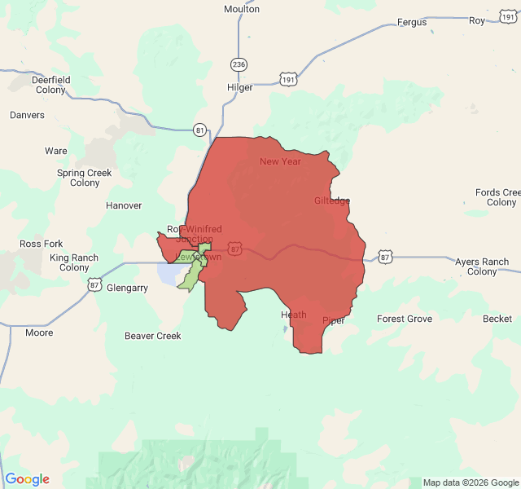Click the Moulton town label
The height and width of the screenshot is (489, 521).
point(242,9)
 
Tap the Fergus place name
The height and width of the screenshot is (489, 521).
point(411,22)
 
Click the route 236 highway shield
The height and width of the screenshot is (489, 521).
point(238,64)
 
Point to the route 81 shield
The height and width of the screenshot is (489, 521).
point(200,130)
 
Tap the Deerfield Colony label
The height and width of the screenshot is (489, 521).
point(50,85)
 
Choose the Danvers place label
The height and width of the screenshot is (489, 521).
point(27,115)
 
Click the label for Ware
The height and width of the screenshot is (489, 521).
point(56,151)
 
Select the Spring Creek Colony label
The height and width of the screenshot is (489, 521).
point(85,178)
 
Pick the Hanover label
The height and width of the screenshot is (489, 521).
point(124,205)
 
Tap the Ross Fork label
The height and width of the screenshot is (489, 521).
point(42,244)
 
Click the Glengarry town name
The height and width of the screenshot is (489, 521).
point(128,288)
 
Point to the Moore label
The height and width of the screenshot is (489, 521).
point(39,333)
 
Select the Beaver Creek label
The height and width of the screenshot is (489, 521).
point(153,336)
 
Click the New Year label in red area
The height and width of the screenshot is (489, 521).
point(280,161)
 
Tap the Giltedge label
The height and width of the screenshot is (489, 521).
point(332,200)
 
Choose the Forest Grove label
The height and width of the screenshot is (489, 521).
point(405,319)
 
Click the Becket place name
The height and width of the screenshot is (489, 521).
point(497,319)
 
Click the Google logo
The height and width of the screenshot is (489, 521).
point(27,479)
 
